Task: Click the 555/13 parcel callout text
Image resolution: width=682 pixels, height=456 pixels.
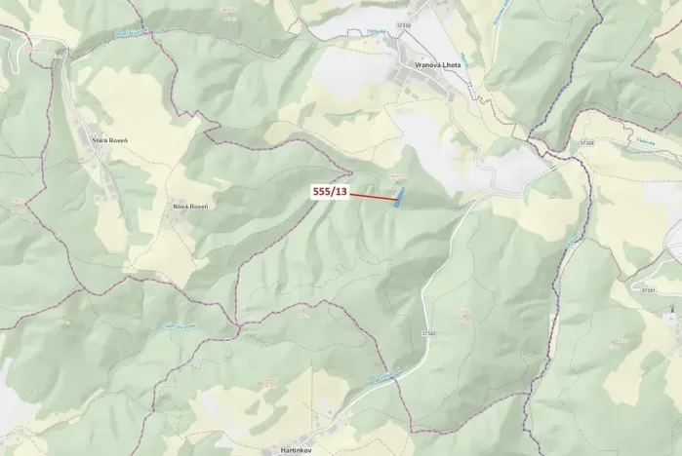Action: coord(329,192)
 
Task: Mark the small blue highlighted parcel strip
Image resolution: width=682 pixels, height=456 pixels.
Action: coord(398,199)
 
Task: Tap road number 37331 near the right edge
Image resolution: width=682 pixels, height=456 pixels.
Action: coord(649,289)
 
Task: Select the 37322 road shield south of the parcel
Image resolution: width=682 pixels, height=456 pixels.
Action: coord(427,334)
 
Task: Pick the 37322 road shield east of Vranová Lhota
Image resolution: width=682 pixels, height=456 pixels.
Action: coord(585,143)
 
